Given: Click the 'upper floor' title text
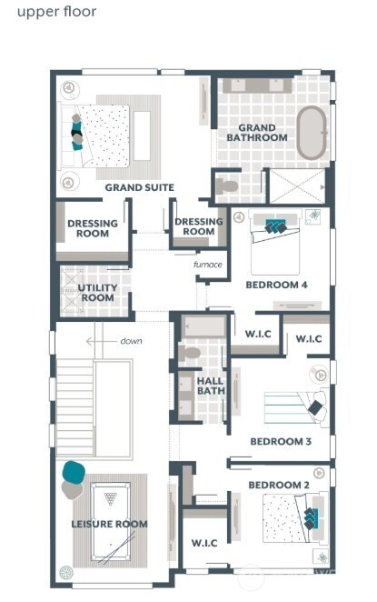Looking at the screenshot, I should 56,13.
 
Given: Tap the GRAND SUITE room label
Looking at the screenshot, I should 139,187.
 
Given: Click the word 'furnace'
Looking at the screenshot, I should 207,265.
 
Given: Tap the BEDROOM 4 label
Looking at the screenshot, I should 276,285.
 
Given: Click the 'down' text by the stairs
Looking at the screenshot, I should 131,341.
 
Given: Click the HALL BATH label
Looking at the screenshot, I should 211,386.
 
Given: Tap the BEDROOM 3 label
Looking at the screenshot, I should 281,441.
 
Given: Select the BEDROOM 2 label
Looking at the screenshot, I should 279,486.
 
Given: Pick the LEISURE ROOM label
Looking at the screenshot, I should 109,524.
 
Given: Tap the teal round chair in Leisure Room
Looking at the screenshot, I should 74,473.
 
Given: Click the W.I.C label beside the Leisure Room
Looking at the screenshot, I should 203,543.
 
